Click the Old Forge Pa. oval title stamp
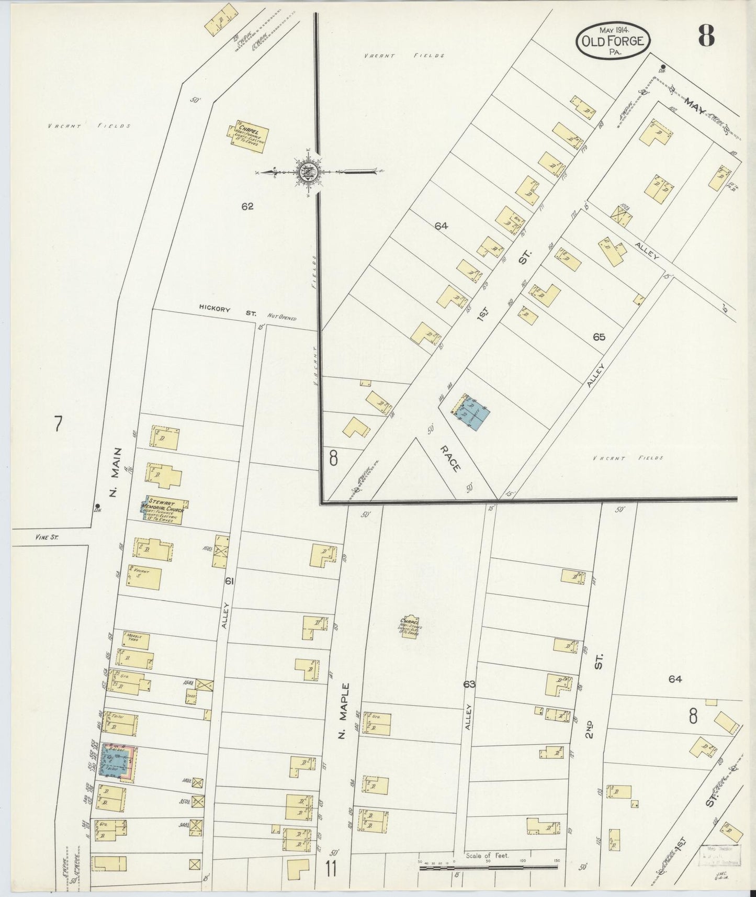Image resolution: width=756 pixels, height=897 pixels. click(x=613, y=40)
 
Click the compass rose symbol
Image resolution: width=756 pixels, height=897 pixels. click(x=306, y=171)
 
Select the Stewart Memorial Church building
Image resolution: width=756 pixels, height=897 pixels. click(x=165, y=510)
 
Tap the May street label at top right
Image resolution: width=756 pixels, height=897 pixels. click(x=696, y=109)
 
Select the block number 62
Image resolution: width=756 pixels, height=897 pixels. click(x=247, y=207)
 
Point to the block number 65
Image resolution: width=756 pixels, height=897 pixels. click(x=599, y=337)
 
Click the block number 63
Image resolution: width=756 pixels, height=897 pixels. click(x=469, y=684)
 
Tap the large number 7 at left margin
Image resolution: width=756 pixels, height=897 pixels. click(x=58, y=424)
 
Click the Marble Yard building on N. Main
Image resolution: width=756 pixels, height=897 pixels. click(x=136, y=640)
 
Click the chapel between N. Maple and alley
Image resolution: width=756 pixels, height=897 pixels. click(x=410, y=626)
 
